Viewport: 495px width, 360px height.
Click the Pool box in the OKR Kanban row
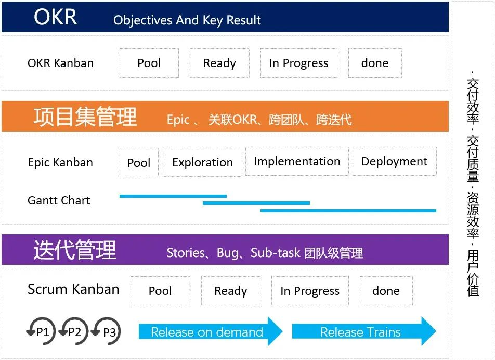149,63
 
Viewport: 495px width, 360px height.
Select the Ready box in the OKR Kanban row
219,63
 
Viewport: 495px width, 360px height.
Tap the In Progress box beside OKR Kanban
298,63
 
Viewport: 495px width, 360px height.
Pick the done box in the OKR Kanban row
374,63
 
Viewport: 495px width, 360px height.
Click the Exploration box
203,162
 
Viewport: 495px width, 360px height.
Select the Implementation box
297,161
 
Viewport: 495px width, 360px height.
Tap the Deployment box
394,161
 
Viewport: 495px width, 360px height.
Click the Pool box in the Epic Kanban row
139,162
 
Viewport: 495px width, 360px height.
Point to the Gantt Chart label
59,200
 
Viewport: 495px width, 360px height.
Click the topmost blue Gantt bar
173,196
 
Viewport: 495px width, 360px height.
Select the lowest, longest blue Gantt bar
348,210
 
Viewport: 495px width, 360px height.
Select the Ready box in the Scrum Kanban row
231,291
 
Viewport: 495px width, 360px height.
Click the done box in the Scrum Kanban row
386,291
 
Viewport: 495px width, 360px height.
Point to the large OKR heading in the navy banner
55,17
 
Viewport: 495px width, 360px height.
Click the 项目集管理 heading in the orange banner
85,117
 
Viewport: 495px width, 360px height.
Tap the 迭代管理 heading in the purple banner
75,250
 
